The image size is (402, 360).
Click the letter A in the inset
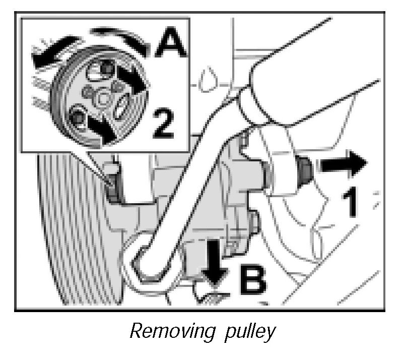pyautogui.click(x=171, y=42)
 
